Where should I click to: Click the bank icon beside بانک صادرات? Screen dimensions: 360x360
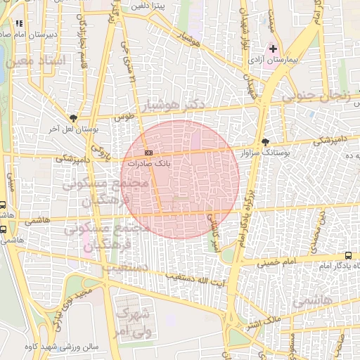148,153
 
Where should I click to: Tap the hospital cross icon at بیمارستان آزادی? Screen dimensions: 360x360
274,49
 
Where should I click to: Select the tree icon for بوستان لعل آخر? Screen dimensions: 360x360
74,119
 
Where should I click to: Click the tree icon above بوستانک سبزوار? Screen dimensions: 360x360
264,141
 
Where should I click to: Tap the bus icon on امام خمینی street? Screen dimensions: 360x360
349,256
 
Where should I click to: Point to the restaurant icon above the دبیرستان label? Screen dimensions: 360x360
19,23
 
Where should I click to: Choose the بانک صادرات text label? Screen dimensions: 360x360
170,162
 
